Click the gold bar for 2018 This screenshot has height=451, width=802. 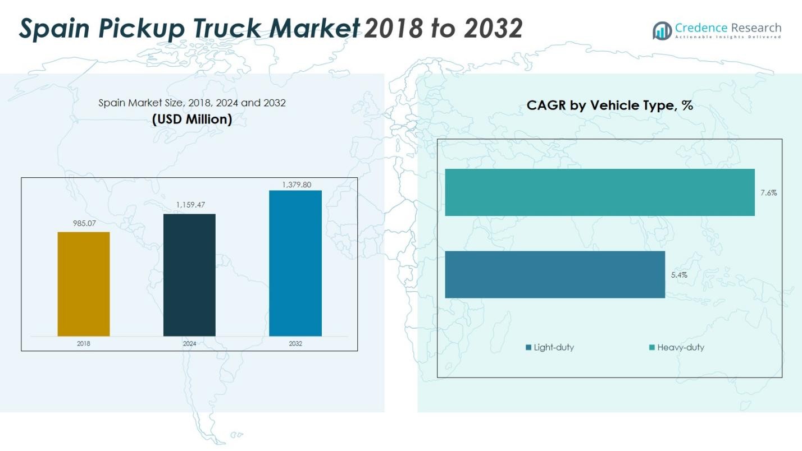click(84, 284)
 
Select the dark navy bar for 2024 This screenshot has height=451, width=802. click(189, 275)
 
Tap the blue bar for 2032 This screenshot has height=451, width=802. click(295, 263)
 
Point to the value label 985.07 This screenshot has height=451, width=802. click(83, 224)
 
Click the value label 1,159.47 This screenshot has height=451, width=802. click(190, 205)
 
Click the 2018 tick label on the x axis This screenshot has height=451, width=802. click(84, 343)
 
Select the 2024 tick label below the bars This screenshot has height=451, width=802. click(189, 343)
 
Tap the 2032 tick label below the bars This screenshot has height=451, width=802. click(295, 343)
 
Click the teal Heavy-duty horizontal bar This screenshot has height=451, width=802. click(599, 192)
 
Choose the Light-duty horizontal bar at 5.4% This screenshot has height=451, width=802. click(555, 274)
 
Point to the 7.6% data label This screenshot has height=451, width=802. click(768, 193)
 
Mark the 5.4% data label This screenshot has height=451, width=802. click(679, 275)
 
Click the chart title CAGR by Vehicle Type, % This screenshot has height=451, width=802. click(609, 105)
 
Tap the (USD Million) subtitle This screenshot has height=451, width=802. click(192, 119)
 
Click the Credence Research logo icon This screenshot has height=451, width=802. click(662, 30)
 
